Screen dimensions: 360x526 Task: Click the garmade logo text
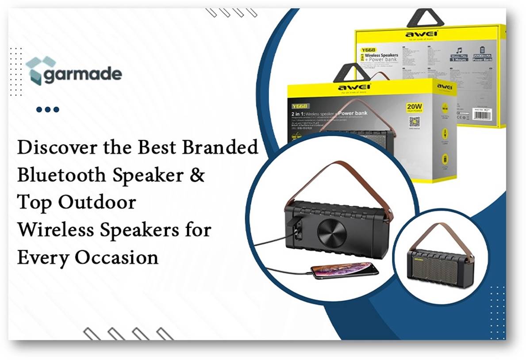pyautogui.click(x=82, y=74)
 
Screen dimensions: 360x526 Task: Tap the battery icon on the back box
pyautogui.click(x=482, y=50)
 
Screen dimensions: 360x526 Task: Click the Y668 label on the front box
pyautogui.click(x=300, y=106)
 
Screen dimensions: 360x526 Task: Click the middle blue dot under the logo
pyautogui.click(x=48, y=109)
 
